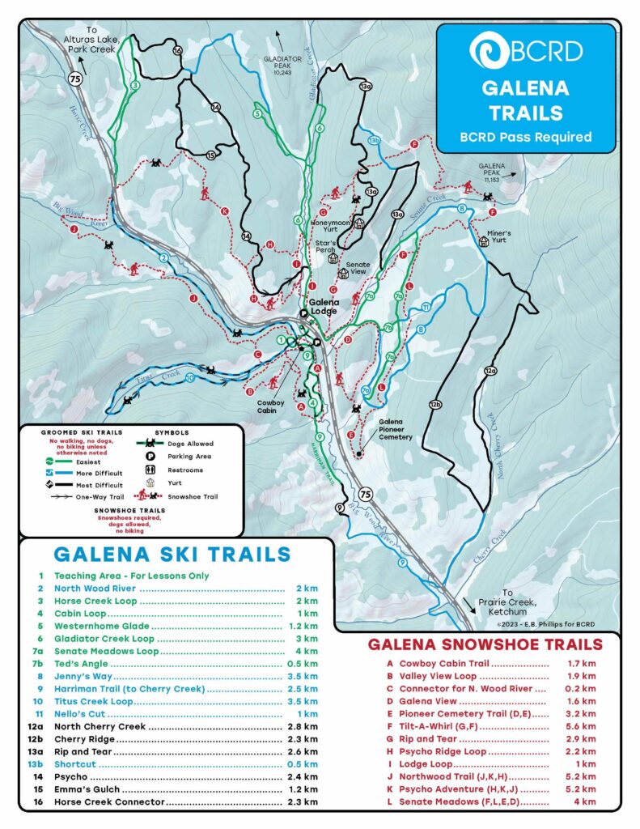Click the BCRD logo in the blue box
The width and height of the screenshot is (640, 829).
click(x=525, y=50)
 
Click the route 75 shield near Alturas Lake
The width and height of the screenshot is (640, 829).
click(x=75, y=79)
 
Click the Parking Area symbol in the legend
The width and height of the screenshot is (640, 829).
click(x=150, y=457)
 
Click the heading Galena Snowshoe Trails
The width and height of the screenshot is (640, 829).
click(x=485, y=644)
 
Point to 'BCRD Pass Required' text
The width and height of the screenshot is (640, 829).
click(x=525, y=137)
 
